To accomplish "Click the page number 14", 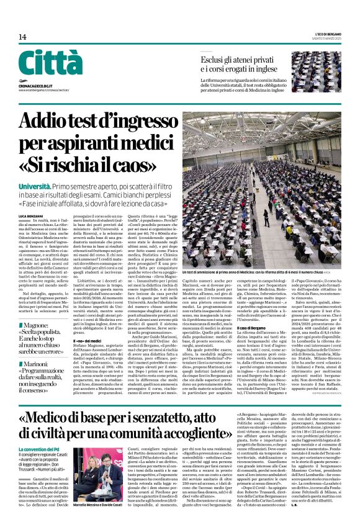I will [x=22, y=37].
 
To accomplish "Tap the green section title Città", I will [x=50, y=63].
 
